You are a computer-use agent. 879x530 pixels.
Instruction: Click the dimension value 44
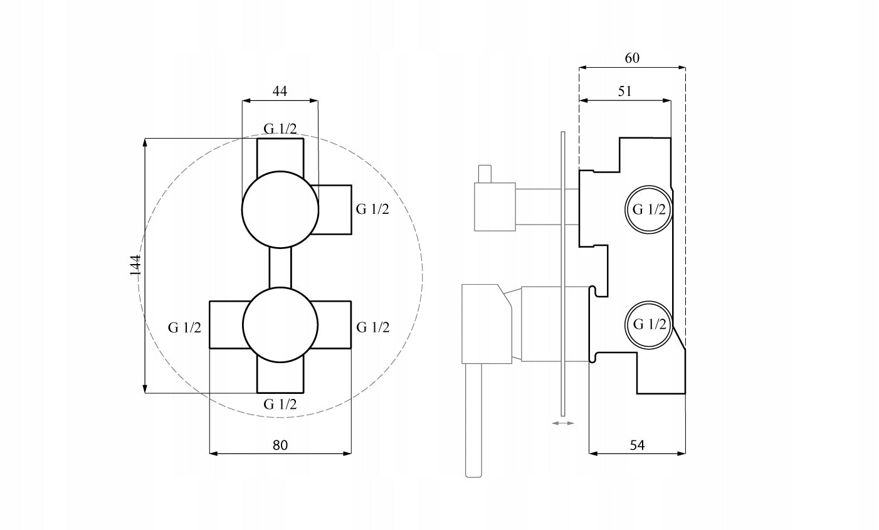(x=280, y=91)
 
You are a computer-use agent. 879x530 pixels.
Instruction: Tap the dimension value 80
(x=280, y=445)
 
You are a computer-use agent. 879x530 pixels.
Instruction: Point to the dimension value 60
(x=632, y=58)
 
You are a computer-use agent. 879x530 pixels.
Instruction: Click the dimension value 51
(x=624, y=91)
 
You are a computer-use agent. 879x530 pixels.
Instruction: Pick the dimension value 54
(x=637, y=445)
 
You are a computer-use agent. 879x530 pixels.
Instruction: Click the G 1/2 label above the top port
(x=280, y=129)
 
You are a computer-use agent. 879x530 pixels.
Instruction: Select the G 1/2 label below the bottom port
(x=280, y=404)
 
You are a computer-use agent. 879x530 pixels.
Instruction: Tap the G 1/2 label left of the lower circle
(x=184, y=327)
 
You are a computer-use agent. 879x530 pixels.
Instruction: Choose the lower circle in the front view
(x=276, y=326)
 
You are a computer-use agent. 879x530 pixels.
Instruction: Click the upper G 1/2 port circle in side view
(x=648, y=209)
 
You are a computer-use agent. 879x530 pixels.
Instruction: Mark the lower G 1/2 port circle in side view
(x=648, y=324)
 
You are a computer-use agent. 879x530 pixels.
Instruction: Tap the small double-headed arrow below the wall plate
(x=562, y=423)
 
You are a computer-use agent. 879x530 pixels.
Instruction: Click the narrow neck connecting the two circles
(x=280, y=267)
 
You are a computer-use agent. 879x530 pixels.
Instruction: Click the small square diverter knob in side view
(x=495, y=207)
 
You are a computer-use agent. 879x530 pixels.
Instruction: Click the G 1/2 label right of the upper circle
(x=372, y=209)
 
